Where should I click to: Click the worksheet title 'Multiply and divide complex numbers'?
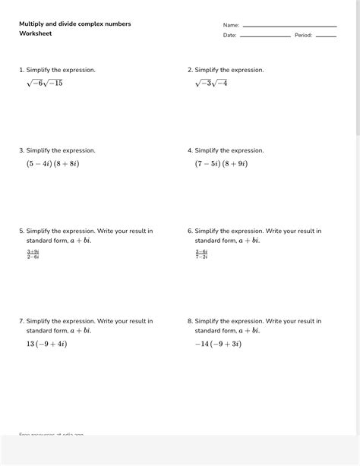75,24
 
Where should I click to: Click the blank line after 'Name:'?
289,27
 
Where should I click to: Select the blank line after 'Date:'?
265,36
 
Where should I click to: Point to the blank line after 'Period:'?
326,36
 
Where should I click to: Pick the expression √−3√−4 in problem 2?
211,83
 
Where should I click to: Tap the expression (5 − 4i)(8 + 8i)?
52,163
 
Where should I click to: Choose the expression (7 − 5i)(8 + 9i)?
221,163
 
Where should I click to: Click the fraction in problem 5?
33,253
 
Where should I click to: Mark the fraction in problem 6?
201,253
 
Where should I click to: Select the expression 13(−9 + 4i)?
46,344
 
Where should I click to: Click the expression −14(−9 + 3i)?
218,344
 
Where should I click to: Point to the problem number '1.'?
21,70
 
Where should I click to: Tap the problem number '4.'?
190,150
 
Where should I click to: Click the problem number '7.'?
21,321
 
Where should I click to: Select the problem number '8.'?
190,321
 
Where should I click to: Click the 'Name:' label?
231,26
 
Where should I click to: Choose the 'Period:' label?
303,35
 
